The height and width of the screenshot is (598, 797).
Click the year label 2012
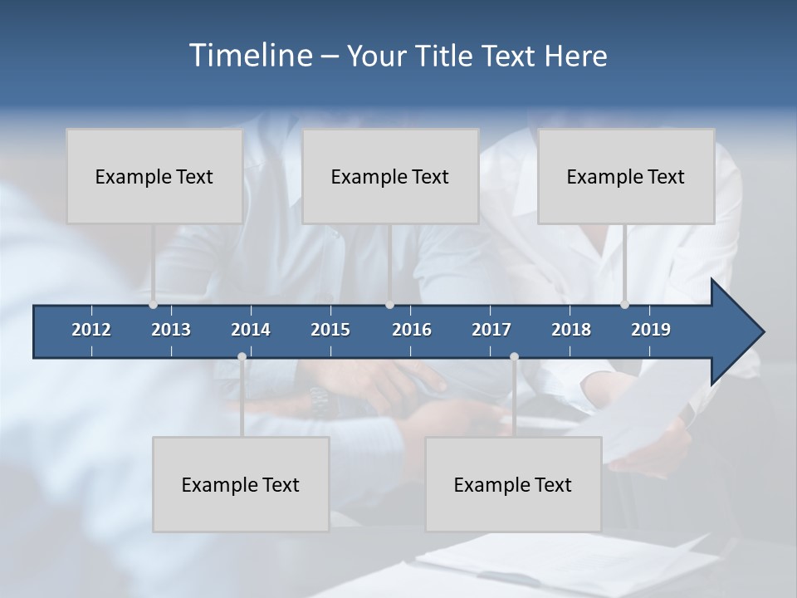(x=91, y=330)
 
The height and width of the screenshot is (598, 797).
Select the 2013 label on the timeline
(x=171, y=330)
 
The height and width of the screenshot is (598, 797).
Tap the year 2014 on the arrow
(x=251, y=330)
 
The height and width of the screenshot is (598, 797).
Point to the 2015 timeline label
(x=330, y=330)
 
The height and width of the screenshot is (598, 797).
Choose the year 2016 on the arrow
(x=412, y=330)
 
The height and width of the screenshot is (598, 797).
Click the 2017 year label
(x=491, y=330)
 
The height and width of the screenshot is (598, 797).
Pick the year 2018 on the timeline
(x=571, y=330)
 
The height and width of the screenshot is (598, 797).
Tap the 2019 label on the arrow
(x=651, y=330)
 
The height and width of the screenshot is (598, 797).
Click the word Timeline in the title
(x=249, y=56)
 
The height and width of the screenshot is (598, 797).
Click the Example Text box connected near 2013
(x=154, y=176)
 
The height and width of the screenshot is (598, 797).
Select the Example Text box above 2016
(x=390, y=176)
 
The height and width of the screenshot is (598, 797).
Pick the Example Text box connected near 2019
(x=626, y=176)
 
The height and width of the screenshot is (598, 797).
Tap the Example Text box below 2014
(x=241, y=484)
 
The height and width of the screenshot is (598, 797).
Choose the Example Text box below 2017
(x=513, y=484)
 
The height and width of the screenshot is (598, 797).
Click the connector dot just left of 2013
(x=153, y=305)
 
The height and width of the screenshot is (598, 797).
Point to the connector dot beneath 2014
(x=242, y=357)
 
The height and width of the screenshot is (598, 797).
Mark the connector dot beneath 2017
(x=514, y=357)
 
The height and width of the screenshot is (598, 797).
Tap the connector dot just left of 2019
(x=624, y=305)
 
